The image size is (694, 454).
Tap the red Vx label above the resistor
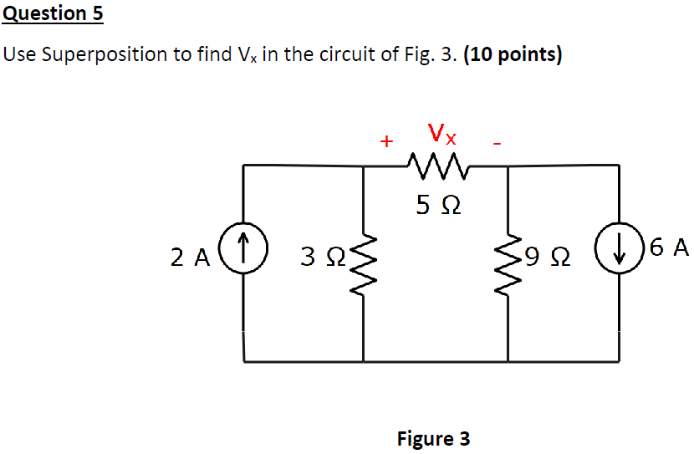(441, 133)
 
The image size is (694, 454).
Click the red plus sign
(385, 141)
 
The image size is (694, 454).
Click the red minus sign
(498, 144)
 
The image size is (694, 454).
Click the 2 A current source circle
(242, 248)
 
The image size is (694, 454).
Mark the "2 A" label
(190, 258)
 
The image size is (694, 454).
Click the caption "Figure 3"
(433, 438)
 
